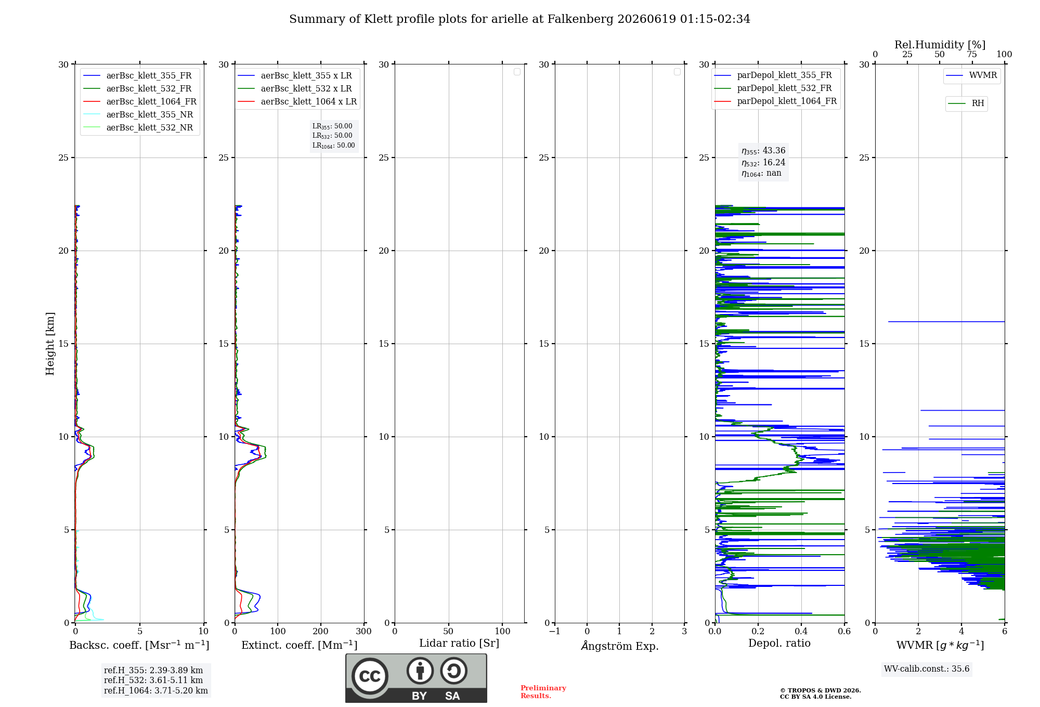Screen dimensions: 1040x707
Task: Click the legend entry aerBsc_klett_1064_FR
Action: [140, 101]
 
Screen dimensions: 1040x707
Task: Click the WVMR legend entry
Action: [971, 75]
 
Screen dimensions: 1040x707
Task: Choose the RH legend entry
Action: [966, 103]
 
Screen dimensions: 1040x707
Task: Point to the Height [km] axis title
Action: [50, 344]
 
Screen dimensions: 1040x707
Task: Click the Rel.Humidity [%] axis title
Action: [940, 45]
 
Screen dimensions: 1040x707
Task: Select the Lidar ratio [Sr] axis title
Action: [459, 643]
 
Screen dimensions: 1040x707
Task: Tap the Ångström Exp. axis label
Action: [620, 646]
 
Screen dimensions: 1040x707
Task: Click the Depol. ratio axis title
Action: [779, 643]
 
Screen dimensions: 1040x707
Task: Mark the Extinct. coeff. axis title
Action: [300, 645]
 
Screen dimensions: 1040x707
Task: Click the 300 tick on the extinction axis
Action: [364, 631]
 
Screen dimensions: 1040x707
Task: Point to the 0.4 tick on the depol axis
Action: [801, 631]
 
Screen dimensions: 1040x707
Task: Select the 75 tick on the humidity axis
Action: [972, 54]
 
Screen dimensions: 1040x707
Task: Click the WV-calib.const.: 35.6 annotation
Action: [927, 669]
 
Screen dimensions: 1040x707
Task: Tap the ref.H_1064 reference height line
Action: [156, 690]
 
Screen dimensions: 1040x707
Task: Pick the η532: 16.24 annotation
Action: [763, 163]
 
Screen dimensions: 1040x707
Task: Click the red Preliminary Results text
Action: [543, 692]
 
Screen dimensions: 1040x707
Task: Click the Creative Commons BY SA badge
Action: [416, 678]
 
